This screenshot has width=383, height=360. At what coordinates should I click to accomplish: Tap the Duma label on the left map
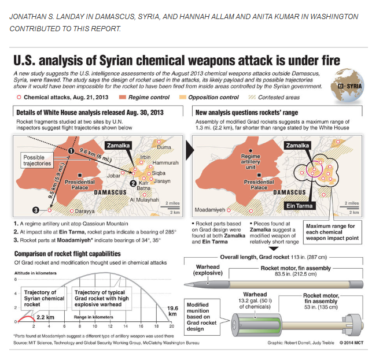pos(163,147)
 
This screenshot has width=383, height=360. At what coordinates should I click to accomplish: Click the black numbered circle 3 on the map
pos(36,210)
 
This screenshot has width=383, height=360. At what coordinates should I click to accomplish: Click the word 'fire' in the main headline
pos(326,61)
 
